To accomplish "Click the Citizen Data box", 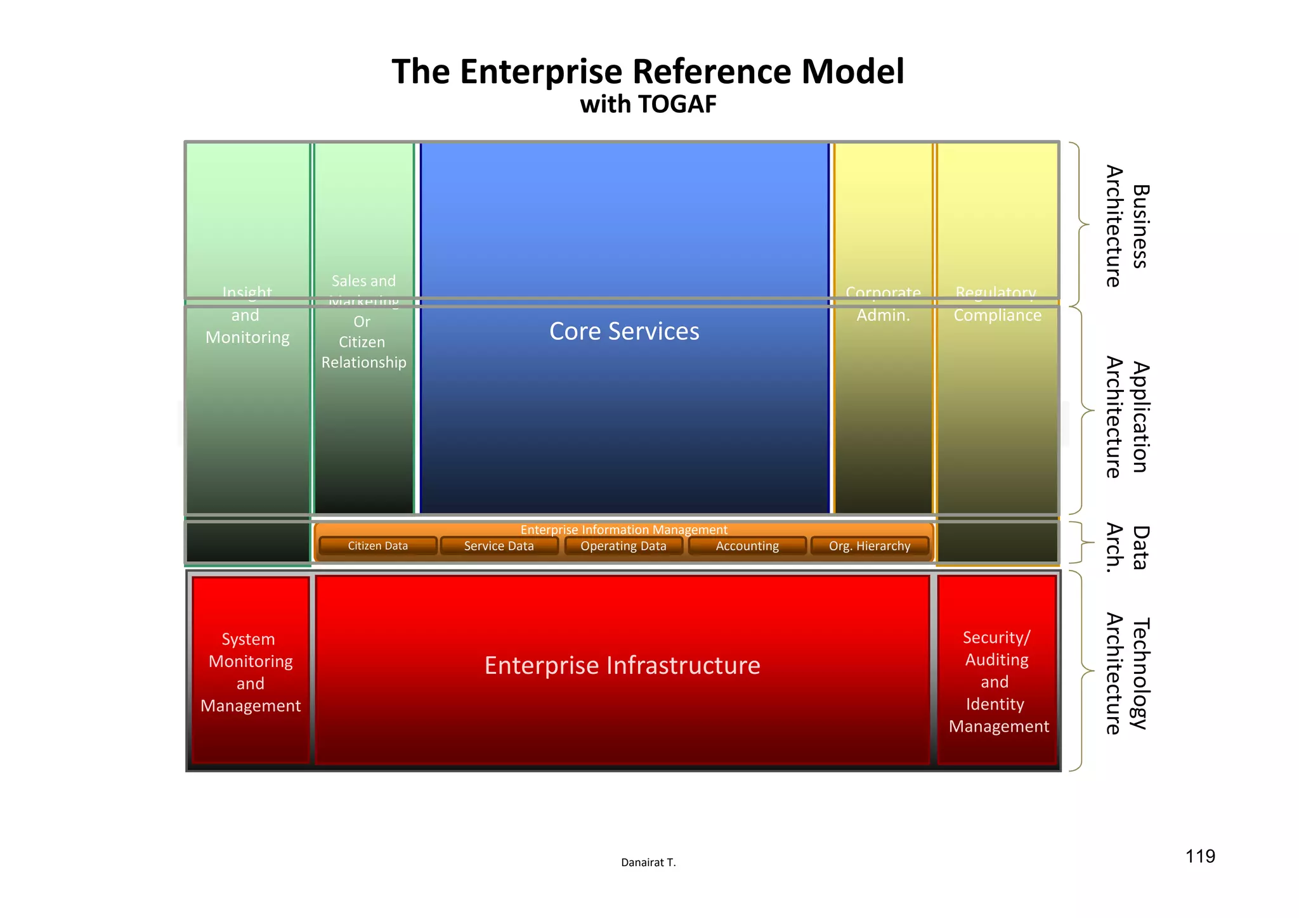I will point(378,546).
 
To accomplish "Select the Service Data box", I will point(499,546).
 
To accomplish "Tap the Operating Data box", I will point(623,546).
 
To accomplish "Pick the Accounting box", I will point(747,546).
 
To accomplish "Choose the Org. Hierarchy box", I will point(870,546).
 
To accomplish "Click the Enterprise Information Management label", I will point(623,529).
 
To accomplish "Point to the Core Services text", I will point(624,332).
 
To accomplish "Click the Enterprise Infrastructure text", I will point(622,666).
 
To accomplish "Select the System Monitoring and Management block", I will point(251,672).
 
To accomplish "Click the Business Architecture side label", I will point(1127,226).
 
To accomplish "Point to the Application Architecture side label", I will point(1127,417).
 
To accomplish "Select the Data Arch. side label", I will point(1127,548).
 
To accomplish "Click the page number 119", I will point(1200,857).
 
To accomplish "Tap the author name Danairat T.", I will point(648,862).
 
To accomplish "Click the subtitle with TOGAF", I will point(648,105).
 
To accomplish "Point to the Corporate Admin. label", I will point(883,304).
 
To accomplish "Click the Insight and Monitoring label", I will point(247,315).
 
